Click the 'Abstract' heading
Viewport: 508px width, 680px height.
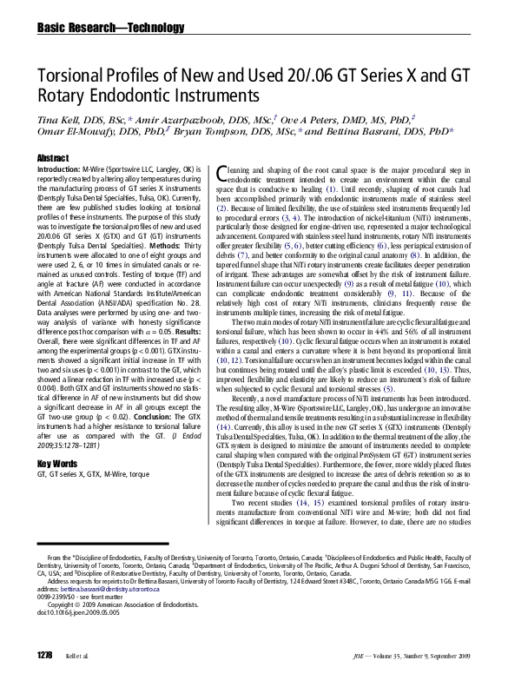coord(53,157)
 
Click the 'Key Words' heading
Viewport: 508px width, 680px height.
coord(57,464)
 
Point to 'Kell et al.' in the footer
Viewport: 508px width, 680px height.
coord(76,654)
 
